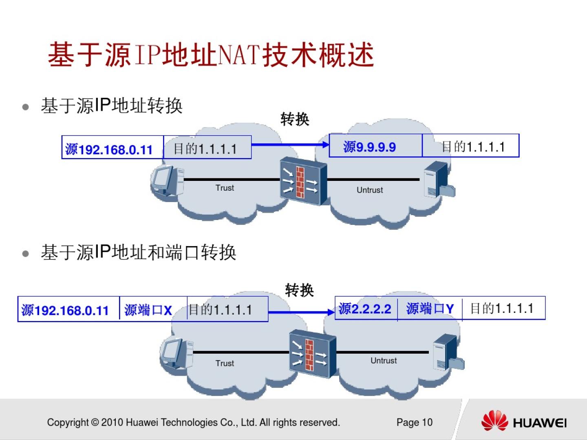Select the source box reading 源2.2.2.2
pyautogui.click(x=366, y=309)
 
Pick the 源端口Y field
pyautogui.click(x=430, y=309)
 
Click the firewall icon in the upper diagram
pyautogui.click(x=304, y=181)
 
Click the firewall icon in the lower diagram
pyautogui.click(x=313, y=354)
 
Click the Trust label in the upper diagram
pyautogui.click(x=225, y=188)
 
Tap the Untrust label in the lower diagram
pyautogui.click(x=384, y=361)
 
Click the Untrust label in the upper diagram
pyautogui.click(x=370, y=190)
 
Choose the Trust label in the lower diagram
pyautogui.click(x=225, y=363)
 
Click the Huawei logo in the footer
pyautogui.click(x=524, y=421)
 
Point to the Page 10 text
pyautogui.click(x=414, y=422)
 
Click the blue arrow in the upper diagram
pyautogui.click(x=290, y=144)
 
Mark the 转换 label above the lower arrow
pyautogui.click(x=299, y=290)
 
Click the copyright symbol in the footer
pyautogui.click(x=95, y=422)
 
